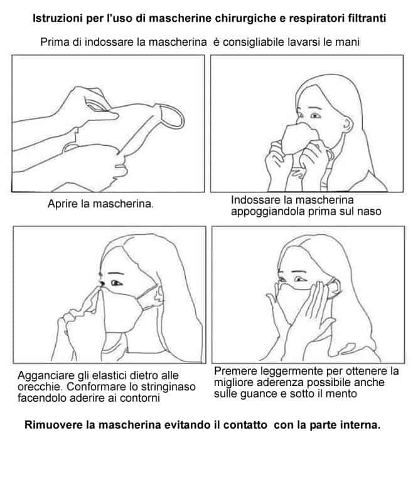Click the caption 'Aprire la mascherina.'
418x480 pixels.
pos(100,204)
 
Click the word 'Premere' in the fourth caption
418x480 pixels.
pos(235,371)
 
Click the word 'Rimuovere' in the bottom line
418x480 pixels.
pos(53,425)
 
